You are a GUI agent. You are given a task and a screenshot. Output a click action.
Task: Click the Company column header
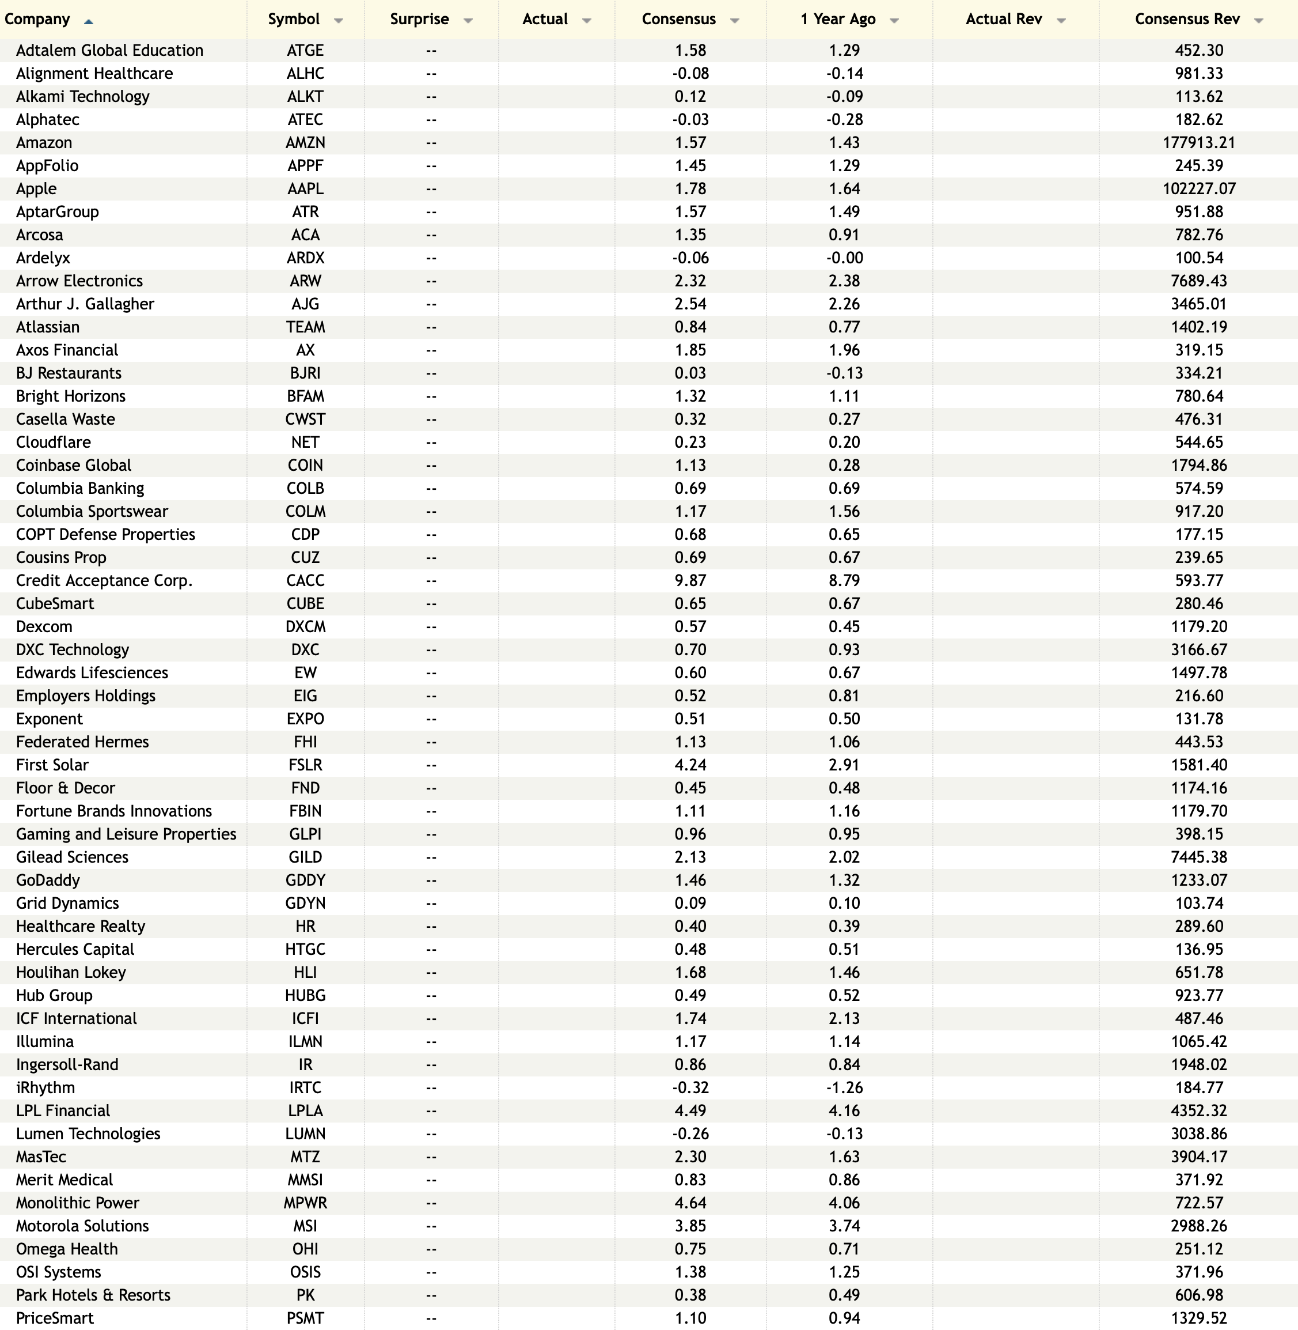coord(37,19)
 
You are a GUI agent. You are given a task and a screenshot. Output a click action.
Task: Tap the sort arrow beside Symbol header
coord(338,21)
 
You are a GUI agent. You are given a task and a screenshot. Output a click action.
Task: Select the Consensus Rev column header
coord(1187,19)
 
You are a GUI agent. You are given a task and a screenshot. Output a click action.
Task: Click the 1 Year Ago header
coord(838,19)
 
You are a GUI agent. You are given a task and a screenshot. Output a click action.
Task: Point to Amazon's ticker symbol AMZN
coord(305,142)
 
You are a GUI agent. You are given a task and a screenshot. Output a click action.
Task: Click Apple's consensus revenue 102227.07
coord(1198,188)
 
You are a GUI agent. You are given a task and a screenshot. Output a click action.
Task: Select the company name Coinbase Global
coord(74,465)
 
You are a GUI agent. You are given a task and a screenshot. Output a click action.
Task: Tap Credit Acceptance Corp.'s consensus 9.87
coord(690,580)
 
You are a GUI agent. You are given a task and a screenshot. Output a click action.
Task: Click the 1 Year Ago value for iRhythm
coord(844,1087)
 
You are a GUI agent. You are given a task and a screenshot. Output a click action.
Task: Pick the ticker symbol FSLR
coord(305,765)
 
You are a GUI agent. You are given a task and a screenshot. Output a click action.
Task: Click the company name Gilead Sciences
coord(72,857)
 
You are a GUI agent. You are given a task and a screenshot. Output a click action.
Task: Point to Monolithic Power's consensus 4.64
coord(690,1203)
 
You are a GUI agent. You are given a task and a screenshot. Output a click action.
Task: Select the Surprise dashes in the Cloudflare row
coord(431,442)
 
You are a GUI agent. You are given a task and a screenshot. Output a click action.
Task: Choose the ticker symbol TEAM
coord(305,327)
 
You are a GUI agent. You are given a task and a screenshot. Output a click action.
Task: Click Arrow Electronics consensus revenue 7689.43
coord(1198,281)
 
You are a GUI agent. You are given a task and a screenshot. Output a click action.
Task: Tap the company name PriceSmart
coord(55,1318)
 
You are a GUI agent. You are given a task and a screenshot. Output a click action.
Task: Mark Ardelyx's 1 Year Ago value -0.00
coord(844,258)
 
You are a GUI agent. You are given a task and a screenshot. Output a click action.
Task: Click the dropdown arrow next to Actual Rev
coord(1061,21)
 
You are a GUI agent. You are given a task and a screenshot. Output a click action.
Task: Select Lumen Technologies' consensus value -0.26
coord(690,1133)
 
